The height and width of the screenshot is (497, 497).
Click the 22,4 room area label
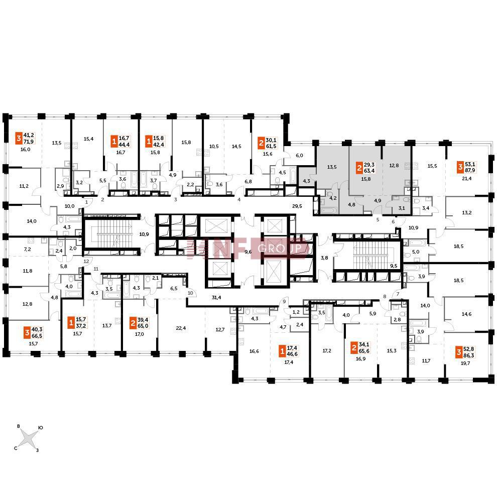click(x=181, y=328)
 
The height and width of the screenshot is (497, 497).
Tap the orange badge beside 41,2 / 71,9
click(x=19, y=139)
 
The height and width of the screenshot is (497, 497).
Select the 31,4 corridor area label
click(x=216, y=297)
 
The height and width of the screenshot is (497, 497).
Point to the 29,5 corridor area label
click(x=297, y=206)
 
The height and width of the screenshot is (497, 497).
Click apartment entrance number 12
click(x=86, y=262)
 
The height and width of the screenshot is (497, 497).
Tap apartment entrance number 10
click(x=190, y=293)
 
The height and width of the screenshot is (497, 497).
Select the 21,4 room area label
click(x=466, y=178)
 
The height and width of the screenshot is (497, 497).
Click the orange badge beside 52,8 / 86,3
click(x=459, y=352)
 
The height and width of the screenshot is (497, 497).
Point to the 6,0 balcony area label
click(x=299, y=155)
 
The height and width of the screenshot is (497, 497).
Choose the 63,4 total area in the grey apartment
click(x=369, y=171)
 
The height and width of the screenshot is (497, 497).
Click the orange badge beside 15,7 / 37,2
click(x=71, y=323)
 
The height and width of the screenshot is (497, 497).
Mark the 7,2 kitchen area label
click(x=27, y=249)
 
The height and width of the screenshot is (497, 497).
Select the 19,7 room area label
click(x=465, y=363)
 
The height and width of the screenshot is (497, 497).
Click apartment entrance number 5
click(x=378, y=219)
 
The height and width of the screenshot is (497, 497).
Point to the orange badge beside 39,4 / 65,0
click(x=133, y=323)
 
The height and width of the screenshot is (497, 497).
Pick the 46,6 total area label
click(x=292, y=354)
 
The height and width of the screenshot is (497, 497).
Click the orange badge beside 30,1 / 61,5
click(x=261, y=143)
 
